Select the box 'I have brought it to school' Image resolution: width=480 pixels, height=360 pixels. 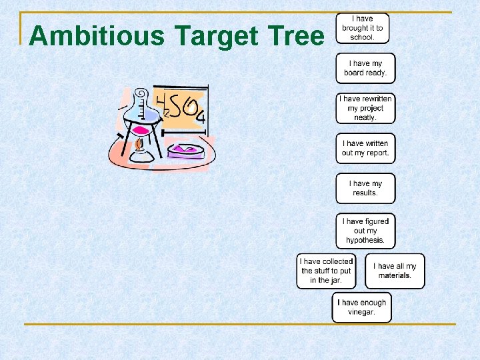(363, 28)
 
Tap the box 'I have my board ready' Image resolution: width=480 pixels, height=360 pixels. (365, 68)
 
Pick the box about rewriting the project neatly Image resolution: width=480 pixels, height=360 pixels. (365, 108)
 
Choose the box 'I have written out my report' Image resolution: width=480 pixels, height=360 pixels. (365, 148)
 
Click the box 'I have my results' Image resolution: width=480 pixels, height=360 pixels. (365, 188)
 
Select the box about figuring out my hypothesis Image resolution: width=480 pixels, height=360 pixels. (365, 231)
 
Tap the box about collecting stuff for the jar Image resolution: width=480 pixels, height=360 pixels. (326, 271)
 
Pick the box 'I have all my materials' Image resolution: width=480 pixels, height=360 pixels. (395, 271)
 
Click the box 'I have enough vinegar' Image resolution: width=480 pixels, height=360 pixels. (361, 307)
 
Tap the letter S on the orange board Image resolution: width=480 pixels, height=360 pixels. (176, 105)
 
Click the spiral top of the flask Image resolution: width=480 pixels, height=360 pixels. (141, 96)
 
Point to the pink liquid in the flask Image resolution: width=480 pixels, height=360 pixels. (141, 130)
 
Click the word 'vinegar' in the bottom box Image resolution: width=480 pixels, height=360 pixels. (361, 312)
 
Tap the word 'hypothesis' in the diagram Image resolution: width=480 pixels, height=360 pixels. (365, 240)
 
